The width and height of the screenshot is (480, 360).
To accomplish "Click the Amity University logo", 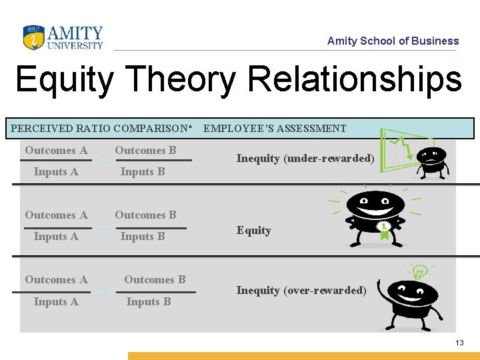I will (x=63, y=38).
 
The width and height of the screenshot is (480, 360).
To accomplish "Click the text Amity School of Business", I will (x=393, y=41).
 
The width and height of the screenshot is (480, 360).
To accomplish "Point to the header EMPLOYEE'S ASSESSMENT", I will (x=275, y=128).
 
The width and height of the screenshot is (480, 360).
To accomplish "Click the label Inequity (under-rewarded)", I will (x=305, y=158).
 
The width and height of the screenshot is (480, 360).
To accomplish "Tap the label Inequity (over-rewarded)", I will (x=301, y=290).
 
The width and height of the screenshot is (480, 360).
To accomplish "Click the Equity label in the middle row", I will (x=254, y=230).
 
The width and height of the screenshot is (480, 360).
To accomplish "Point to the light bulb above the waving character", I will (x=419, y=271).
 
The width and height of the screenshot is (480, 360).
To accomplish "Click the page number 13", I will (x=459, y=342).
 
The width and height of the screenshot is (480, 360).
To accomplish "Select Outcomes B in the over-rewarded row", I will (x=155, y=279).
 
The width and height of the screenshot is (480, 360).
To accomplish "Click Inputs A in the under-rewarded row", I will (x=56, y=171).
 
